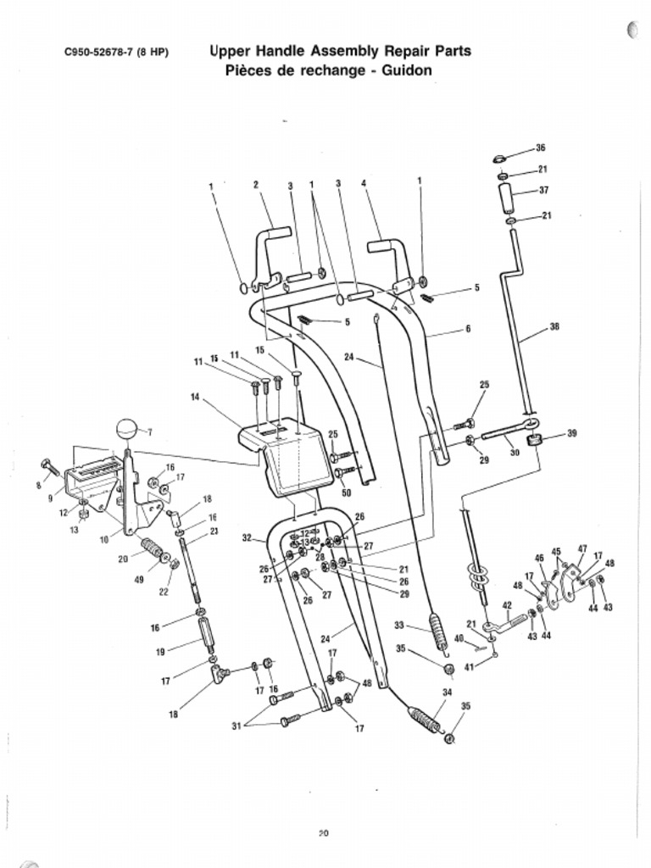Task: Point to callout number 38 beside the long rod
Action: [554, 326]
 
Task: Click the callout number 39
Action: [572, 433]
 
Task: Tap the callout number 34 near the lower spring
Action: [447, 692]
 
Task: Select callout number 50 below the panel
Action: [346, 492]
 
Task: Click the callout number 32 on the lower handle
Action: [247, 538]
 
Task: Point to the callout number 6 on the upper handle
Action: [467, 329]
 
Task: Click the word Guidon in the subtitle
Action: [407, 70]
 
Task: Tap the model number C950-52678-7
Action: [102, 53]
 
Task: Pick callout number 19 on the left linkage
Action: [160, 652]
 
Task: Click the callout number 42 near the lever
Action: [507, 605]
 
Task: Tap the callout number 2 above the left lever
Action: [255, 184]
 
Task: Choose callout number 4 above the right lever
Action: [363, 184]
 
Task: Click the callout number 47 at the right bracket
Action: [582, 548]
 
